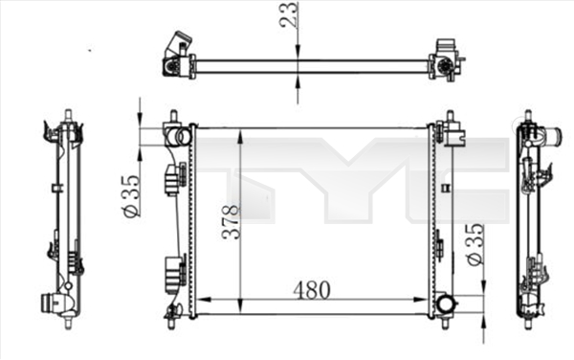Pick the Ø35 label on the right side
click(472, 248)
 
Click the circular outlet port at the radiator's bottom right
click(445, 305)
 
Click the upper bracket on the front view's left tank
click(173, 178)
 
